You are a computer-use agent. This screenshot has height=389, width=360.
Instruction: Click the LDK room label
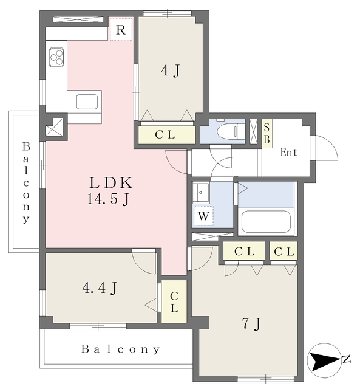coord(110,183)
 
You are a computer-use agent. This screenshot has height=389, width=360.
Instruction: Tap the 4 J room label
coord(170,71)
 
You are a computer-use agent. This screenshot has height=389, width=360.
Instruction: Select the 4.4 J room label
coord(100,288)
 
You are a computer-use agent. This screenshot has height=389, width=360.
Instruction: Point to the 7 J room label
coord(251,323)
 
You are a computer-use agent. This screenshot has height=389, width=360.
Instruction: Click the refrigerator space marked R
coord(121,29)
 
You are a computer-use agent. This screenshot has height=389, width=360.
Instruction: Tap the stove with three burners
coord(56,57)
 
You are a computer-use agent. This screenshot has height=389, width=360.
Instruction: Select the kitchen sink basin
coord(87,102)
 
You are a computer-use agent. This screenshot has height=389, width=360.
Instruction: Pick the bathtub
coord(266,221)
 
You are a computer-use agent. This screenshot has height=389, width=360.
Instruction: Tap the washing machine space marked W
coord(203,216)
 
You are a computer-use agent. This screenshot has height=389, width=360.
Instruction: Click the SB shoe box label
coord(267,134)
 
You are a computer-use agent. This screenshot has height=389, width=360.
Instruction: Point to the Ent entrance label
coord(289,153)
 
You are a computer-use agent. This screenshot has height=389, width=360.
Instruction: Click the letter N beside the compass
coord(346,359)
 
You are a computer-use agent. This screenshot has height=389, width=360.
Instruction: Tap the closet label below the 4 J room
coord(165,135)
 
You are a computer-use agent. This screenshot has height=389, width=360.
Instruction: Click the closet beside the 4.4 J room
coord(174,301)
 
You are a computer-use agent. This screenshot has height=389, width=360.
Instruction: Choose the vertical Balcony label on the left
coord(25,182)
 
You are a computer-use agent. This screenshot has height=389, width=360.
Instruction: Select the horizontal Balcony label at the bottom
coord(121,349)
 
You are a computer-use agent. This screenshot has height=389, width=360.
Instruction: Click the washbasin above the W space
coord(201,192)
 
